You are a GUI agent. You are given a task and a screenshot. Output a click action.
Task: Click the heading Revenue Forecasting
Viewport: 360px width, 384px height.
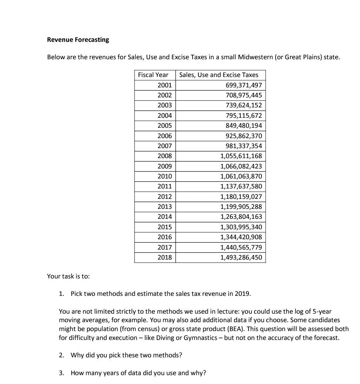[x=78, y=40]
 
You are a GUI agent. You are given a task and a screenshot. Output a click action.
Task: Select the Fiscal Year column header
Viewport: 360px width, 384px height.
[x=153, y=75]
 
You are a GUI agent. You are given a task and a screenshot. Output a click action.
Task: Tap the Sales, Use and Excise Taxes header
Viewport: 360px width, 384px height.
[x=219, y=75]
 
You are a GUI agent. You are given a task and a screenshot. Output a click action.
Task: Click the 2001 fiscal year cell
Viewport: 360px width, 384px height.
[x=164, y=85]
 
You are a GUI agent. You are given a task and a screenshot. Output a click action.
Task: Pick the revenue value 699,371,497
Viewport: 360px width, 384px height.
[x=244, y=85]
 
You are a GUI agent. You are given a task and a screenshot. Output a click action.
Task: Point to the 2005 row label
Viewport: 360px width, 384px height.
[x=164, y=126]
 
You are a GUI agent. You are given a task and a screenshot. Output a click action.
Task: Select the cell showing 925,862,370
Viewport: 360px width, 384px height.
[x=244, y=136]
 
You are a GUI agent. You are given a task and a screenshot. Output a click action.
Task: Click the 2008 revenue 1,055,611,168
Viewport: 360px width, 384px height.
[x=241, y=156]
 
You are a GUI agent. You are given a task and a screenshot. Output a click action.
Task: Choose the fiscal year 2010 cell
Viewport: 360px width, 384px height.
[x=164, y=176]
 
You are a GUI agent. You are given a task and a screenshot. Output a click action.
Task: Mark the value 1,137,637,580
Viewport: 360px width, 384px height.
[x=241, y=186]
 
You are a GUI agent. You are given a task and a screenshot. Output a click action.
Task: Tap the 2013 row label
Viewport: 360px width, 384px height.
[x=164, y=207]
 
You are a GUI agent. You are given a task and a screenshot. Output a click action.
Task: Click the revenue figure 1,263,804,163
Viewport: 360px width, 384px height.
[x=241, y=217]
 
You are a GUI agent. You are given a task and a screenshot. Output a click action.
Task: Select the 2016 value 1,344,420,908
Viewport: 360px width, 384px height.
[x=241, y=237]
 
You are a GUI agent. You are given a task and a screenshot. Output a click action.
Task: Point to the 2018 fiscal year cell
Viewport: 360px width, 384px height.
[x=164, y=257]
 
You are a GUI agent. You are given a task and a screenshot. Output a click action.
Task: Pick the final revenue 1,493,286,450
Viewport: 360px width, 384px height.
[x=241, y=257]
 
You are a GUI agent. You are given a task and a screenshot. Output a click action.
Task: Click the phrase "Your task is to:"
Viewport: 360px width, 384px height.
[x=69, y=276]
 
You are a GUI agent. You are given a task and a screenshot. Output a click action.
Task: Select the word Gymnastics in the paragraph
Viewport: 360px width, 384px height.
[x=202, y=338]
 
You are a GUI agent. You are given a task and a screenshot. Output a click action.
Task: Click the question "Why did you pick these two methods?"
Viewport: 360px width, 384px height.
[x=126, y=355]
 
